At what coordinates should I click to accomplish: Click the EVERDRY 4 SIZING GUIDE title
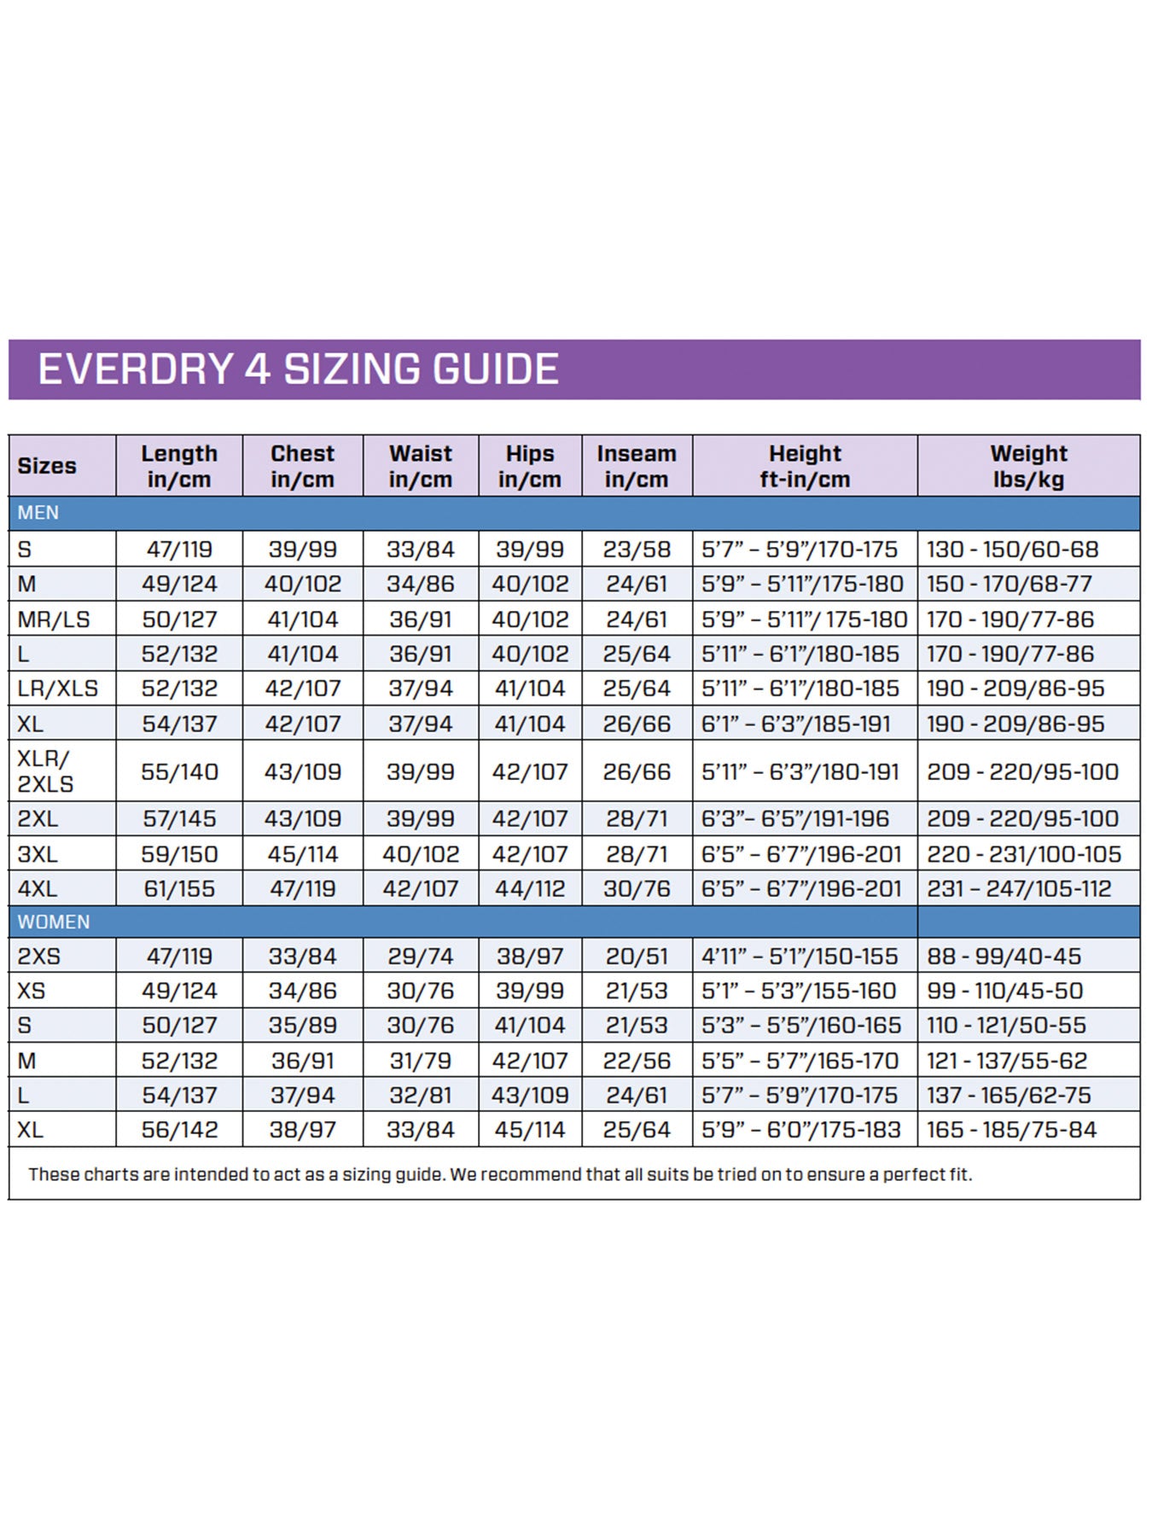(x=298, y=369)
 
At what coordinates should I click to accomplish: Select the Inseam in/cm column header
(x=637, y=466)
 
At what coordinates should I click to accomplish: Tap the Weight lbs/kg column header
(x=1028, y=466)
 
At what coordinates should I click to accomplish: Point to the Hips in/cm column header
(x=530, y=466)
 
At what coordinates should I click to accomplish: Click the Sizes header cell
(x=47, y=466)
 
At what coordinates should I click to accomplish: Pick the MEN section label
(x=38, y=513)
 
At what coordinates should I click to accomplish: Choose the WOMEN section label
(x=53, y=922)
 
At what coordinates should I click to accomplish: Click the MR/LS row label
(x=54, y=619)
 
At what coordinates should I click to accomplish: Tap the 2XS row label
(x=39, y=957)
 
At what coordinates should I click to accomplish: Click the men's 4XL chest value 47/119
(x=303, y=888)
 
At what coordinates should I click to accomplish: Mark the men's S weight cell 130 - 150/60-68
(x=1013, y=549)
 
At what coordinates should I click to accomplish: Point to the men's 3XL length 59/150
(x=179, y=853)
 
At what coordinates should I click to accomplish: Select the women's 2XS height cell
(x=800, y=957)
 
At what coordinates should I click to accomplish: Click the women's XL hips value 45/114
(x=530, y=1130)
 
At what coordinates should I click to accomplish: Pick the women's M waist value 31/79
(x=420, y=1061)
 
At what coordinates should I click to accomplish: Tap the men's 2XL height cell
(x=795, y=818)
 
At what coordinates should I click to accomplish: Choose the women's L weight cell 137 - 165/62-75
(x=1011, y=1095)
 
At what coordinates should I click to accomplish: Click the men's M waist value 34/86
(x=420, y=584)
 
